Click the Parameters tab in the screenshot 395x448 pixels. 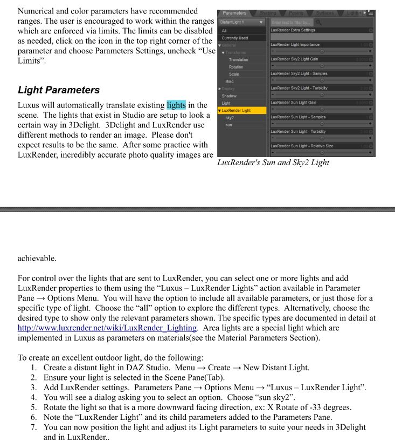(234, 13)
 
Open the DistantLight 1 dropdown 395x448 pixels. (242, 22)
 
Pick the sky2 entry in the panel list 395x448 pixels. (230, 118)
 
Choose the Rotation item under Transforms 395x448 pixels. (236, 67)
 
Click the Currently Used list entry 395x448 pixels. (234, 38)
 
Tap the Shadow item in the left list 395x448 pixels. (229, 96)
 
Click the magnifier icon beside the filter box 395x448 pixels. (318, 22)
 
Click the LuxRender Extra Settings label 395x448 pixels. (293, 30)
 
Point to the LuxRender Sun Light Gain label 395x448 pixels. (294, 103)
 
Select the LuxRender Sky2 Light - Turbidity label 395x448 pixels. (299, 88)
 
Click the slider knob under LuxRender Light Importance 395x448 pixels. (322, 51)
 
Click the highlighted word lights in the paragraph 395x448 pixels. (176, 105)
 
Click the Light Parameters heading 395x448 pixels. (59, 90)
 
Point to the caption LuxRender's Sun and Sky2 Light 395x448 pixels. (273, 162)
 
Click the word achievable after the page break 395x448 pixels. (37, 258)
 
